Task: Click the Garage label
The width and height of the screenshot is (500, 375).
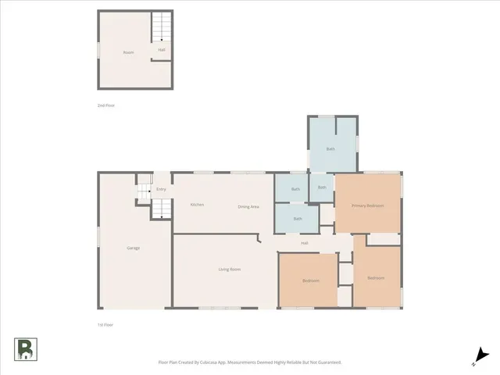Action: pos(134,248)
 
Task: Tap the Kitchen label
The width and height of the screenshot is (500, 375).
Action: pos(198,205)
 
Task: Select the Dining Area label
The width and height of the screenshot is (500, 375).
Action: pos(248,206)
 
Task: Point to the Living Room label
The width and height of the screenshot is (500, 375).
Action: pos(230,269)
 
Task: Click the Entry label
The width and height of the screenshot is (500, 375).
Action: pos(161,189)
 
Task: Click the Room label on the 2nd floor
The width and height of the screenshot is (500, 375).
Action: pos(129,52)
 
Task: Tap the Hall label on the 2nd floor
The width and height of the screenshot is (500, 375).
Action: pos(162,50)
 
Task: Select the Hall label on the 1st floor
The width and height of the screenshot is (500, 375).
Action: pos(304,243)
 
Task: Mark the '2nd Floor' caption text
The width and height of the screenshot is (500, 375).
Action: pos(105,105)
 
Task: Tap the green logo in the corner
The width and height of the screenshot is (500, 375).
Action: pos(25,350)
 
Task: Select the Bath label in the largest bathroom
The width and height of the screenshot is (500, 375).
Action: pos(330,148)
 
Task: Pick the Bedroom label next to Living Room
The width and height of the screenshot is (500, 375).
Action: pos(310,280)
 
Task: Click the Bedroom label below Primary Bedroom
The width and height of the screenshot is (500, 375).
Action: pos(376,278)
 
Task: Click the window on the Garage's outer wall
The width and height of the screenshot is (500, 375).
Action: pos(98,234)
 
